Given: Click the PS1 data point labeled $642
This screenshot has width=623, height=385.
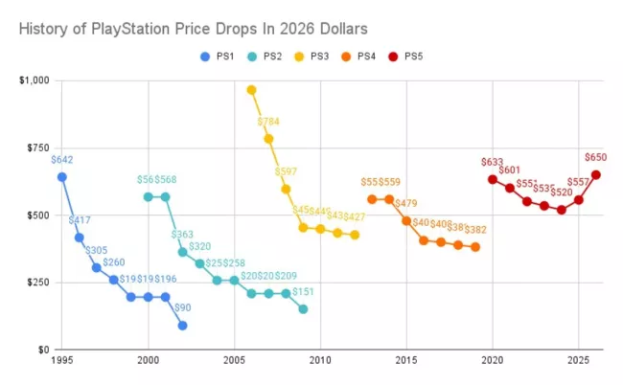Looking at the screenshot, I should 62,176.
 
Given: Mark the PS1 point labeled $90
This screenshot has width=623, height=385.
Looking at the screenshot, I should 182,326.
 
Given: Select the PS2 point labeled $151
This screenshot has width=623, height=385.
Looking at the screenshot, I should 303,308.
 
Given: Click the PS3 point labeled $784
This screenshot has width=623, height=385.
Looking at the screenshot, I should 268,138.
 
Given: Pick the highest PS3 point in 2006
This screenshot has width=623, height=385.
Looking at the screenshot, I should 251,90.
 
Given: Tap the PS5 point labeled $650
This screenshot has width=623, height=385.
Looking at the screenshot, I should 595,174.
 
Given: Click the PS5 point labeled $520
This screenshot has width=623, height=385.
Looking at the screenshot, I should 561,210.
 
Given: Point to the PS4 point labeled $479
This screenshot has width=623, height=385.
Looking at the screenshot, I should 406,220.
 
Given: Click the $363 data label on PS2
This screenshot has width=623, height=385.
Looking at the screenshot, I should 184,235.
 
